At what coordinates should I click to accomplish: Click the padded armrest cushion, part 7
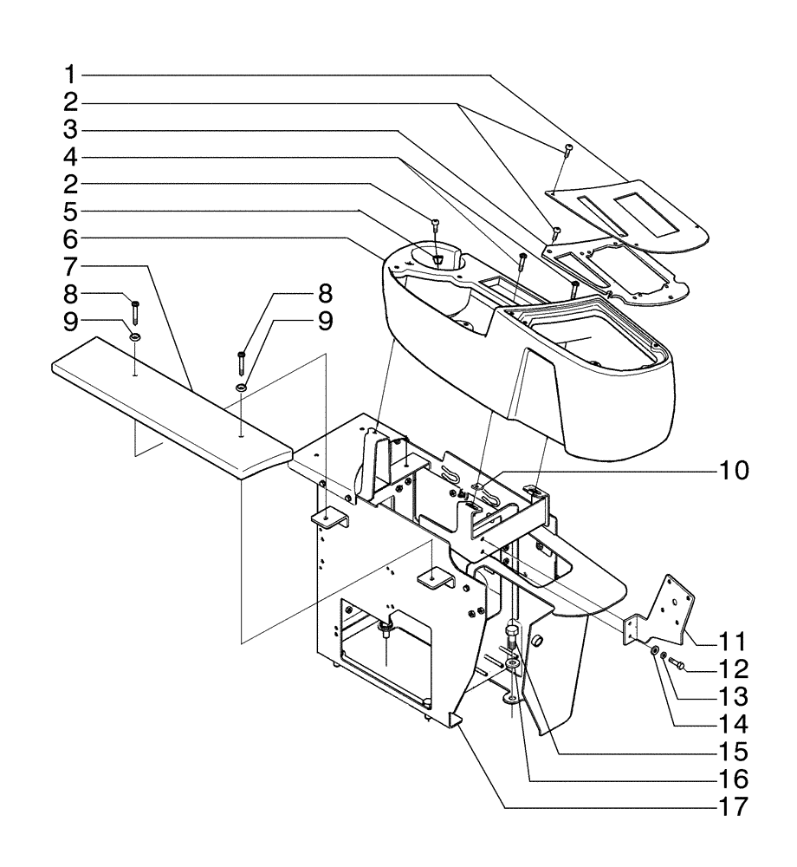[173, 407]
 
